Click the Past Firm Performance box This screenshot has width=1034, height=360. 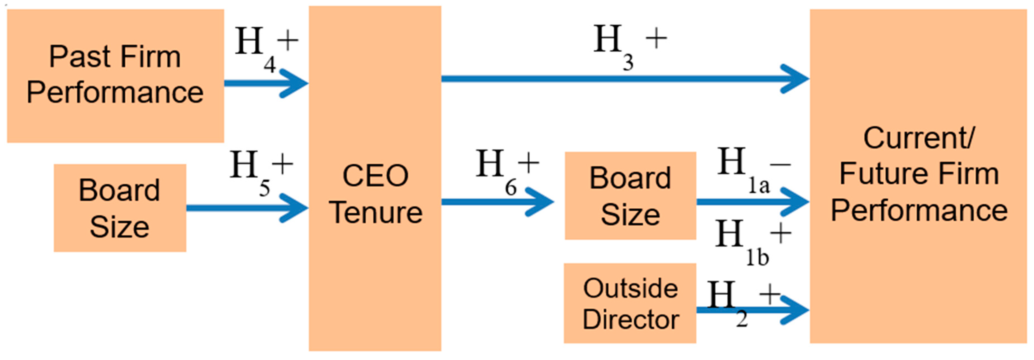coord(115,75)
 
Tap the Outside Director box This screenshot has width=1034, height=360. coord(630,303)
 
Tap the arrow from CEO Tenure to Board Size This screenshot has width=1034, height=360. coord(498,201)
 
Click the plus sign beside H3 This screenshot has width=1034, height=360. coord(656,39)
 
